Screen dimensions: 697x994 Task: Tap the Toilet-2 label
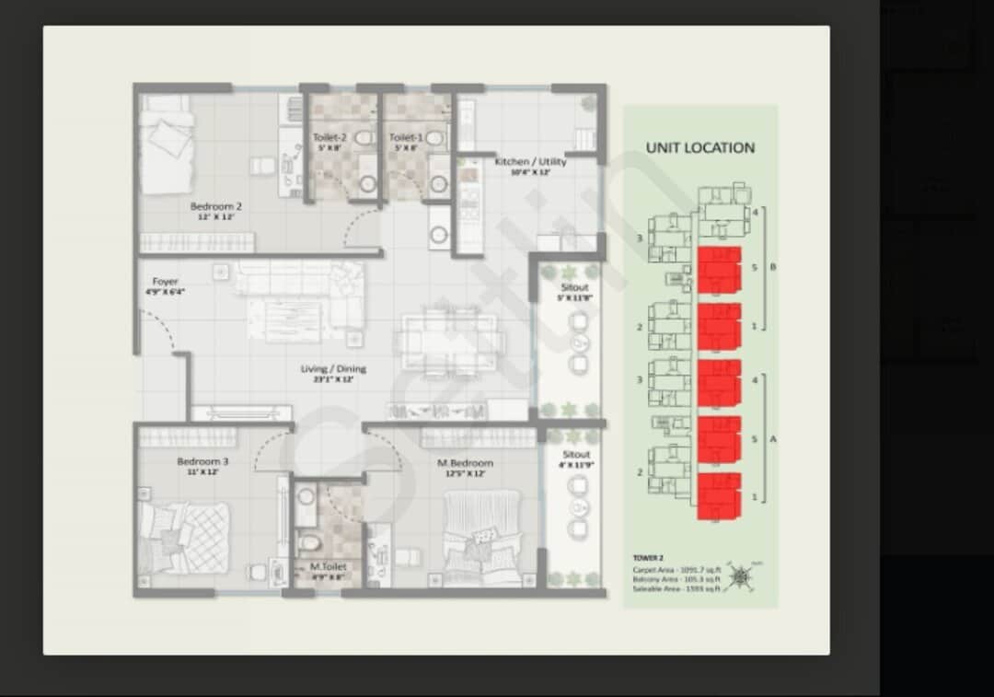329,138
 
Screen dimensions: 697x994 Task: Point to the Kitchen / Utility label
530,162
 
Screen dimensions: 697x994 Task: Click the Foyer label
166,282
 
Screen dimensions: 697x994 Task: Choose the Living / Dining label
333,369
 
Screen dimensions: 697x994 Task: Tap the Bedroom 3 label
202,461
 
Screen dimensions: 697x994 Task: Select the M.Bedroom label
465,463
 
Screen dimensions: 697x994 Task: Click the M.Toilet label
328,567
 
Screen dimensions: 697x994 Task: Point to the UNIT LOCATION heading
699,147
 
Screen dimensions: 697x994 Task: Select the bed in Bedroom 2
167,144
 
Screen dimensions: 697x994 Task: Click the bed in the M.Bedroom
481,539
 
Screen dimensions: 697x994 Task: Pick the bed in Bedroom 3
184,538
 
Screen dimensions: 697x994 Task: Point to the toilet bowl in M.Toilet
310,540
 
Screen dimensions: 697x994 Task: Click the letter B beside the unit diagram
773,268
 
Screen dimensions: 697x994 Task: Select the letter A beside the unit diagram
773,439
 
